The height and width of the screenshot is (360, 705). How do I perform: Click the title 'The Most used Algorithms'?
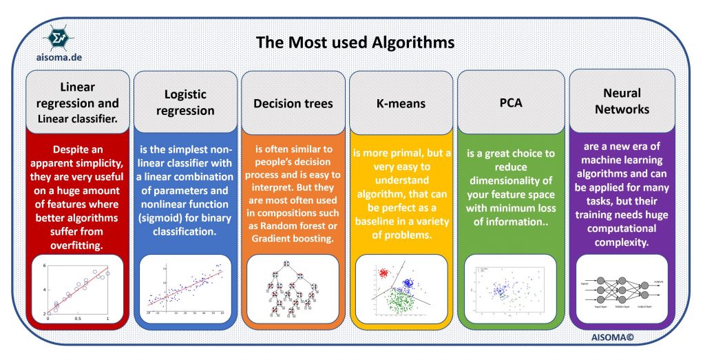(355, 42)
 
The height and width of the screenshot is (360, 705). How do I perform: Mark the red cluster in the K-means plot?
(382, 274)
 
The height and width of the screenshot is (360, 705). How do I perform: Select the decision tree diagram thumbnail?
(292, 290)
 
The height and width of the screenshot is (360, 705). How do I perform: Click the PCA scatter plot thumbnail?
(510, 289)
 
